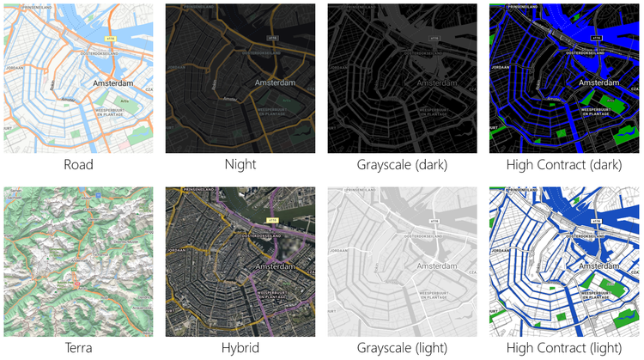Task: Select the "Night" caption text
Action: tap(240, 165)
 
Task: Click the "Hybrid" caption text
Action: tap(240, 348)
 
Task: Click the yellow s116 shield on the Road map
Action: tap(109, 39)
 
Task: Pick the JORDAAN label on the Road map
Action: tap(15, 66)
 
